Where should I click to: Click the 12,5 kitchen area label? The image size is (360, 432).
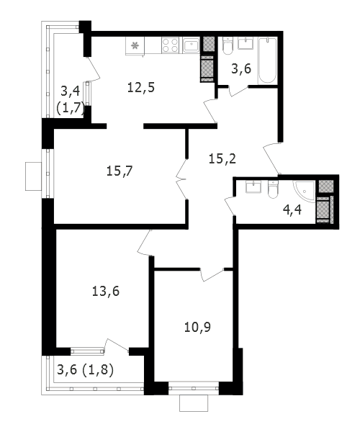coord(141,88)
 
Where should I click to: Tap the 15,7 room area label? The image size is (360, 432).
coord(120,171)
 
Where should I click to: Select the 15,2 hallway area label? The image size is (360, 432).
coord(222,158)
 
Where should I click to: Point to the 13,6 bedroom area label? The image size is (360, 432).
coord(106,291)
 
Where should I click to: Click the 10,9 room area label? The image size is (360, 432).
coord(197,327)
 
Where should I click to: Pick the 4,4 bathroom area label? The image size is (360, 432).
coord(292,210)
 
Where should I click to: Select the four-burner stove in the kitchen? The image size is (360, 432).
coord(170,45)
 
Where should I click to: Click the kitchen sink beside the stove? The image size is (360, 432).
coord(191,45)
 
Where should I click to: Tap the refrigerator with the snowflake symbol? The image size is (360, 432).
coord(135,46)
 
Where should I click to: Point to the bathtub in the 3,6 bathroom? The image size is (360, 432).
coord(267,61)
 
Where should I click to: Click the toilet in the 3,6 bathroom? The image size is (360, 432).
coord(228,46)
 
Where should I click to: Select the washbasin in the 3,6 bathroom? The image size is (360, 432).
coord(245,43)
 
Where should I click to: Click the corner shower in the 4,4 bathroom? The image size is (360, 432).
coord(304,192)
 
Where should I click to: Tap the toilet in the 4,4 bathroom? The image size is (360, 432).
coord(273,190)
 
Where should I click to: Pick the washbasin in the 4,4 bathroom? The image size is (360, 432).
coord(253,186)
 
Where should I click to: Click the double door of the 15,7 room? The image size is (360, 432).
coord(181,179)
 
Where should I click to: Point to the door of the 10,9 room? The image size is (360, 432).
coord(212,274)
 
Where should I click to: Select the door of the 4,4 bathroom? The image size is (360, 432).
coord(230,206)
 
